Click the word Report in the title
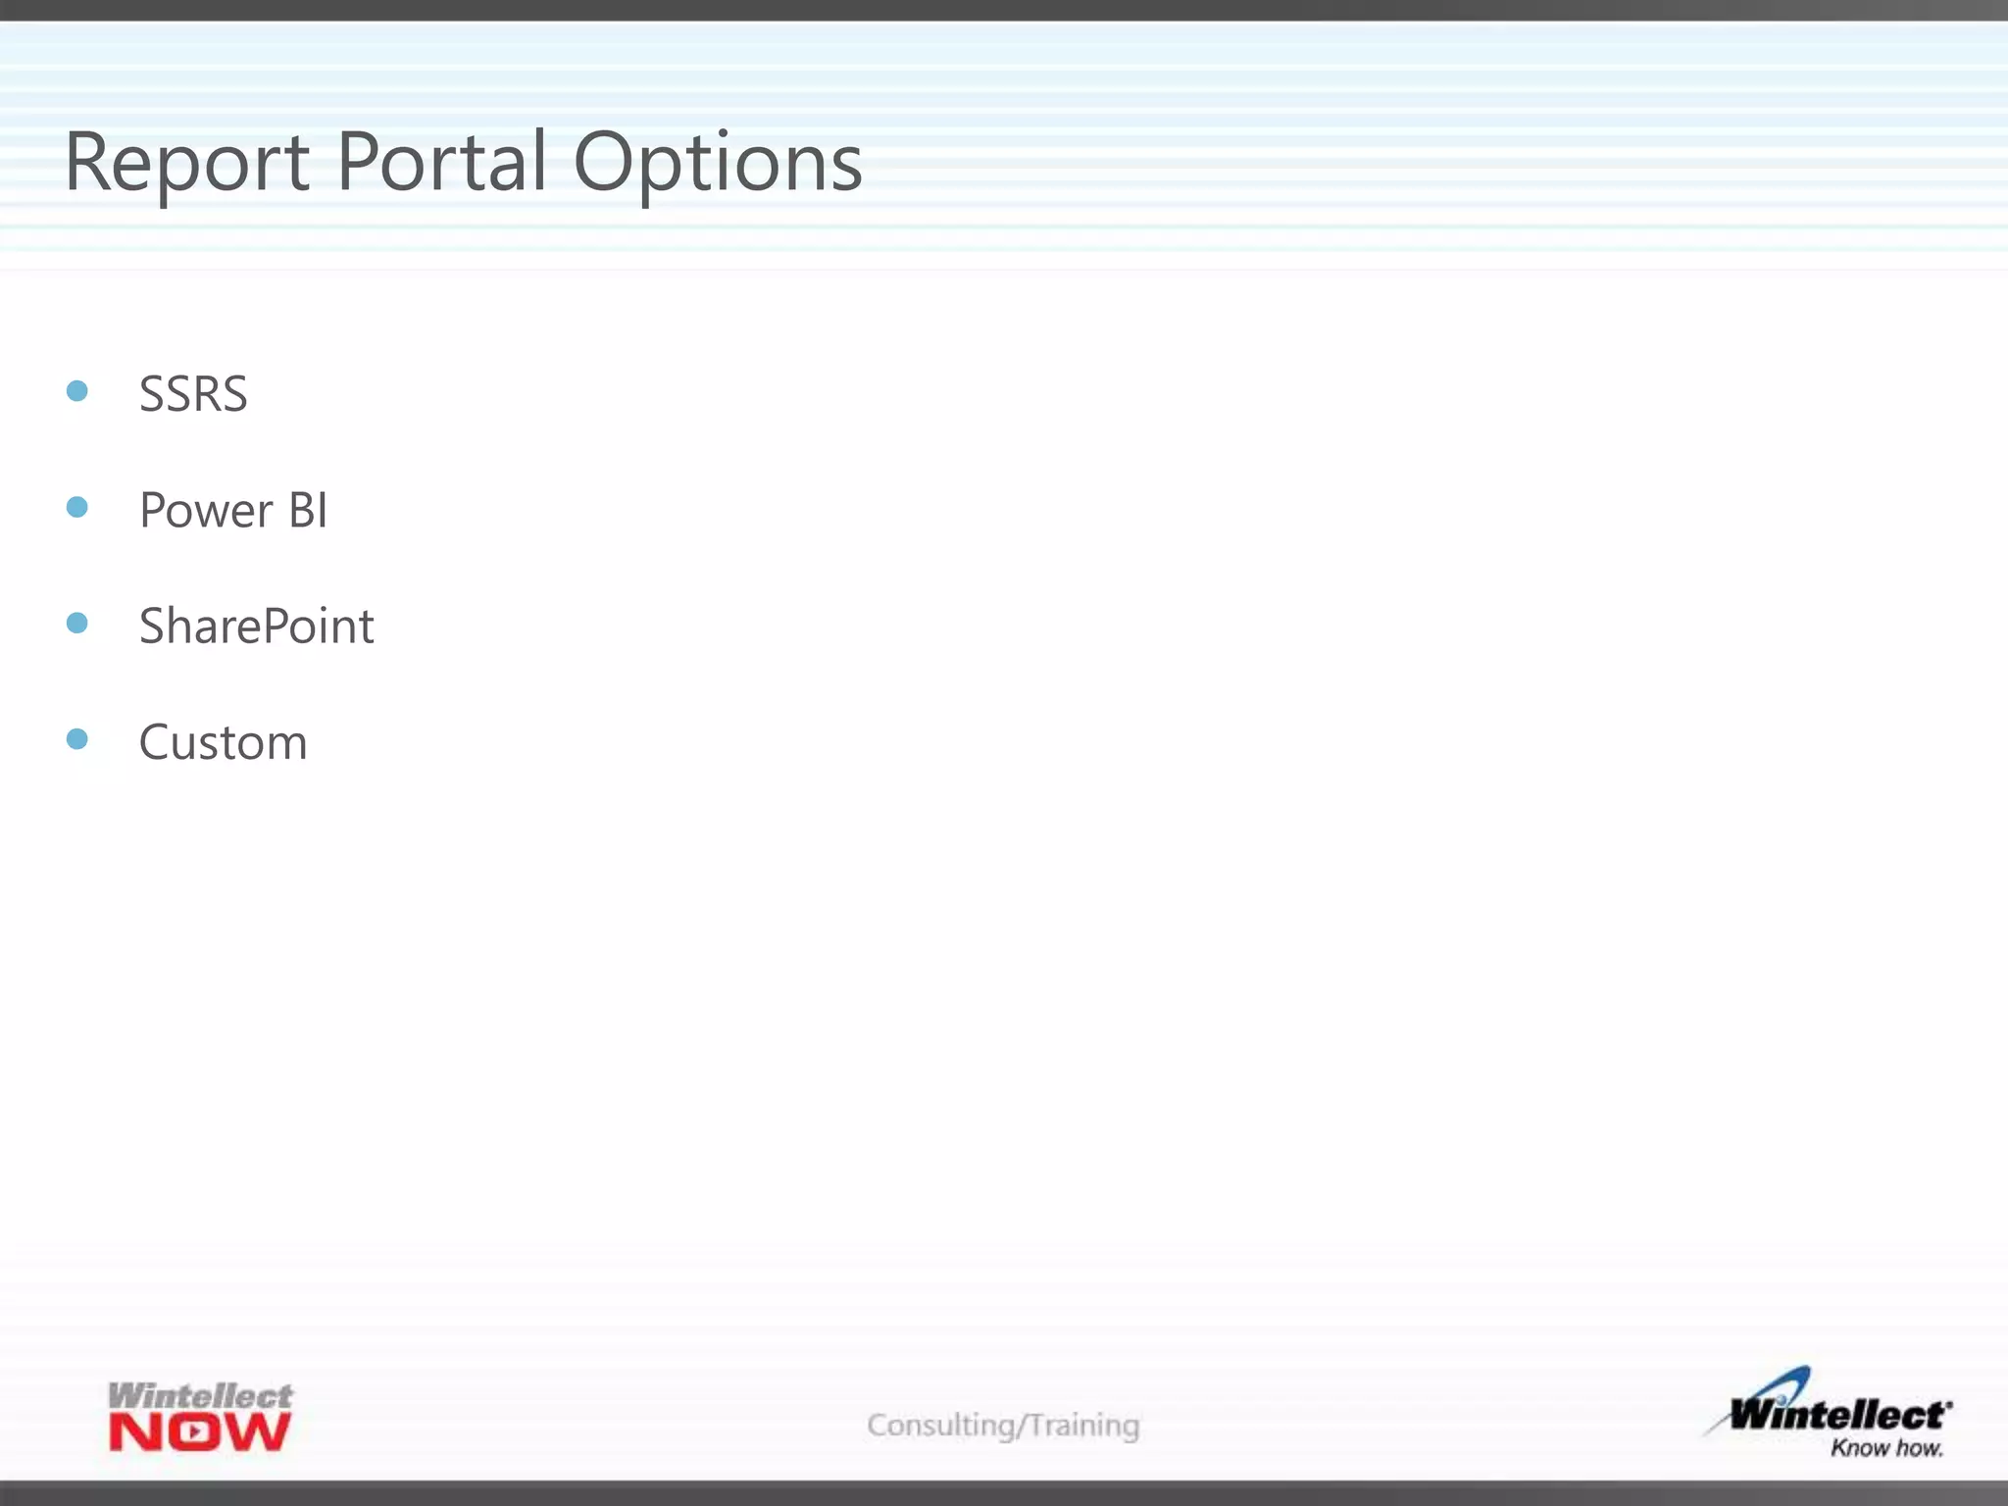pyautogui.click(x=186, y=162)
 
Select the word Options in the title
pyautogui.click(x=717, y=163)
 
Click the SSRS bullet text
pyautogui.click(x=193, y=394)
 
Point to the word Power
pyautogui.click(x=206, y=511)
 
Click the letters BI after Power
pyautogui.click(x=308, y=511)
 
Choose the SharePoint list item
pyautogui.click(x=256, y=627)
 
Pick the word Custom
pyautogui.click(x=223, y=742)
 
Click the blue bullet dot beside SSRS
pyautogui.click(x=77, y=391)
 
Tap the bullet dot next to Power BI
pyautogui.click(x=77, y=507)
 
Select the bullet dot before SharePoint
pyautogui.click(x=77, y=623)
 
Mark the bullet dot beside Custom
pyautogui.click(x=77, y=738)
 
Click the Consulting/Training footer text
pyautogui.click(x=1003, y=1425)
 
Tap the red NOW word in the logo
pyautogui.click(x=200, y=1432)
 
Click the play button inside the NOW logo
pyautogui.click(x=196, y=1432)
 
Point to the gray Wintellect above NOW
pyautogui.click(x=200, y=1395)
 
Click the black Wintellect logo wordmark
pyautogui.click(x=1839, y=1415)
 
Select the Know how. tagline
pyautogui.click(x=1886, y=1448)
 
